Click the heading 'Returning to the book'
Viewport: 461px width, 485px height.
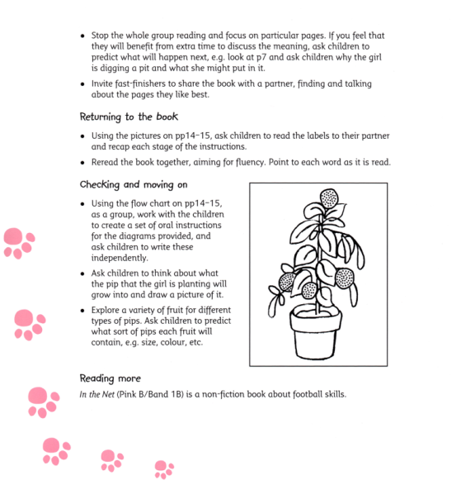[128, 116]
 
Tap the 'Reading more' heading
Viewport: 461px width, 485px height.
[110, 378]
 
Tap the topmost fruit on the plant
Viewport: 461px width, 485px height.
[328, 197]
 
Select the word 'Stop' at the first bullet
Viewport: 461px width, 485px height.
[102, 36]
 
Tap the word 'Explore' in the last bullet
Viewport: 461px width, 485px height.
[111, 310]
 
